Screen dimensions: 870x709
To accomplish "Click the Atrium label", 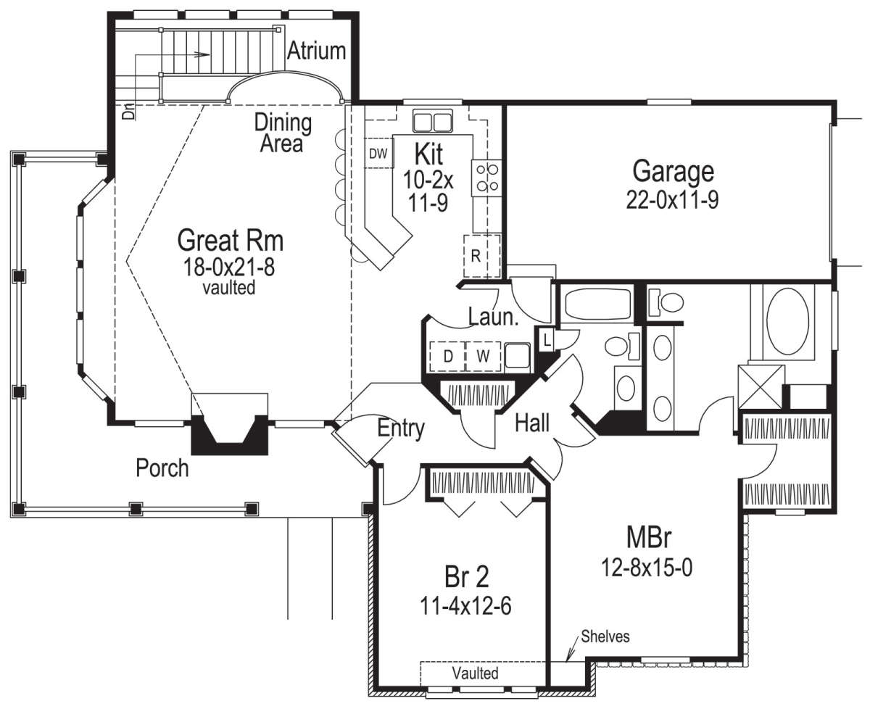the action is [x=316, y=51].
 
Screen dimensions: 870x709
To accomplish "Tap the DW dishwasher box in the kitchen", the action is [x=378, y=153].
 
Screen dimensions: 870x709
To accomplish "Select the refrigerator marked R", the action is [x=482, y=256].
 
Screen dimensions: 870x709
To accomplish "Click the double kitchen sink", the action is [x=433, y=121].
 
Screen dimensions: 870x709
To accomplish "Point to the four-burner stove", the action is [x=487, y=178].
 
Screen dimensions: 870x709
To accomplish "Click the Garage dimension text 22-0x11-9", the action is [x=672, y=201].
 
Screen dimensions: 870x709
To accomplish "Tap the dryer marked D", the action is [x=447, y=356].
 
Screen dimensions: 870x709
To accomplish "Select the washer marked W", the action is [x=483, y=356].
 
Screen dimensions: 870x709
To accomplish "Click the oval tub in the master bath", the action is [x=787, y=321].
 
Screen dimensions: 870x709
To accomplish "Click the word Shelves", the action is [x=605, y=637].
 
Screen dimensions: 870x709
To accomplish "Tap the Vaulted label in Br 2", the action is [x=476, y=673].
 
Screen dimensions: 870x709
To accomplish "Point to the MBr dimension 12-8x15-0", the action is [x=647, y=568].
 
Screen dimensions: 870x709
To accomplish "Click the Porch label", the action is [x=162, y=468].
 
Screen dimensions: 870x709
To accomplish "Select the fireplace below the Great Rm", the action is [x=230, y=434].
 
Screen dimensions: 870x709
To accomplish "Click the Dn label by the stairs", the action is [x=128, y=111].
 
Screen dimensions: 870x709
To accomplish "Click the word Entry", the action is [x=401, y=428].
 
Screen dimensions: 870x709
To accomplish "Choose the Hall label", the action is [x=532, y=423].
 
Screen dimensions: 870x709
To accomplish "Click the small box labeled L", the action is [x=547, y=339].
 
